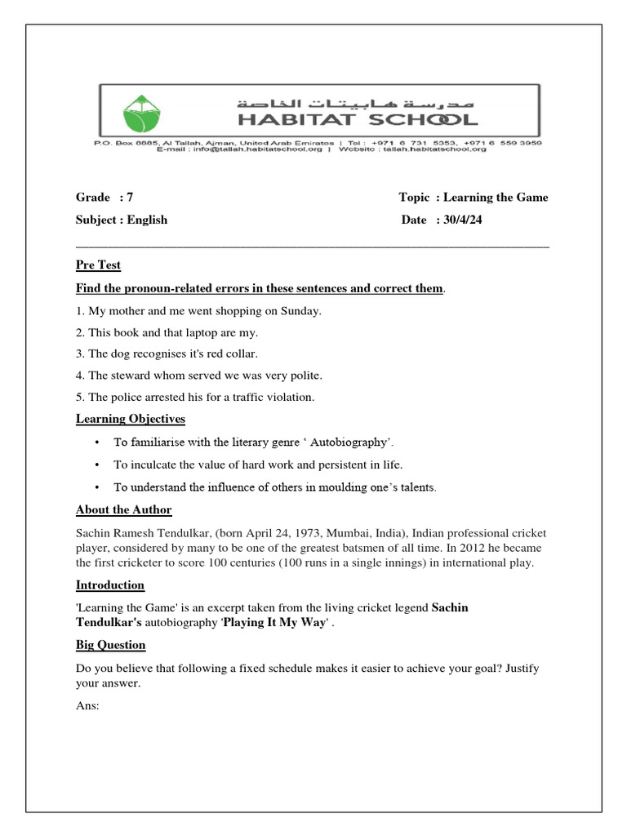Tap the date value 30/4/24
pos(461,220)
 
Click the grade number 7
pos(130,197)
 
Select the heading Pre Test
pos(98,265)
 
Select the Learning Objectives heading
pos(131,419)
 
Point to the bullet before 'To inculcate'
pos(97,465)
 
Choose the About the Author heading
pos(123,509)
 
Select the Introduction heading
pos(110,585)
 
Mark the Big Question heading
pos(111,645)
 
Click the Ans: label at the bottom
pos(87,705)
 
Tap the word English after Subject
pos(147,220)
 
